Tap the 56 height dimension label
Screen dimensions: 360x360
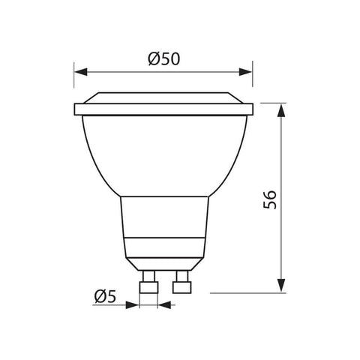point(271,198)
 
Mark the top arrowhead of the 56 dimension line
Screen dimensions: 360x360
point(281,109)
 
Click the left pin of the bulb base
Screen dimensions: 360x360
point(148,285)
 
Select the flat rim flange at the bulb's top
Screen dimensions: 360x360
point(163,110)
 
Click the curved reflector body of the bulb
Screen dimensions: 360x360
point(163,154)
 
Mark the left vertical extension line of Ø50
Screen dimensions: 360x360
point(75,86)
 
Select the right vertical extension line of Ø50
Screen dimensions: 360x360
point(251,86)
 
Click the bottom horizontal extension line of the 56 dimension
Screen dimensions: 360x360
point(247,292)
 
